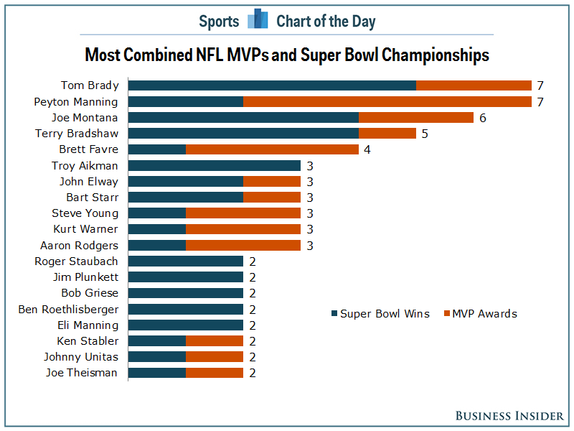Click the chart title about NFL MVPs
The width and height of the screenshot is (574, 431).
tap(287, 55)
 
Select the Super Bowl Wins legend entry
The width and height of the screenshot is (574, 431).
tap(380, 313)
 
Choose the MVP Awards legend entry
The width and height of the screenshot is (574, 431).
tap(480, 313)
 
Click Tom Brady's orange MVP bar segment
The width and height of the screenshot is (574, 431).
tap(474, 85)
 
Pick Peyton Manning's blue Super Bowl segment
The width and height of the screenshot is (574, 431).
tap(186, 102)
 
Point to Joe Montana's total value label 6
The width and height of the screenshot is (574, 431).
tap(483, 118)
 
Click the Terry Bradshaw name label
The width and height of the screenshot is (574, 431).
tap(77, 134)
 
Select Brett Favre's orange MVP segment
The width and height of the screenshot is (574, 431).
tap(272, 149)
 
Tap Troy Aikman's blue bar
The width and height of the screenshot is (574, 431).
tap(215, 165)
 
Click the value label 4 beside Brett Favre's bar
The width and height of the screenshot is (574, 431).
tap(367, 149)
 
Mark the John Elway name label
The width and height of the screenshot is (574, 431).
tap(89, 182)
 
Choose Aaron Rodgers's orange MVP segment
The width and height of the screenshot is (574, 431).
tap(243, 245)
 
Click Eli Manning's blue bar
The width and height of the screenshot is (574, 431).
tap(186, 325)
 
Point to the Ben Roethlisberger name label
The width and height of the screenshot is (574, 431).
tap(68, 309)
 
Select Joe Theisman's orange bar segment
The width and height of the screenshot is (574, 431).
tap(215, 373)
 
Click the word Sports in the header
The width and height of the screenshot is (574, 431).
tap(219, 21)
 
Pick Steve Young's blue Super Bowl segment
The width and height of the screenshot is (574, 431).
tap(157, 213)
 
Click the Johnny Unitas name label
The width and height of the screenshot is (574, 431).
tap(82, 357)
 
